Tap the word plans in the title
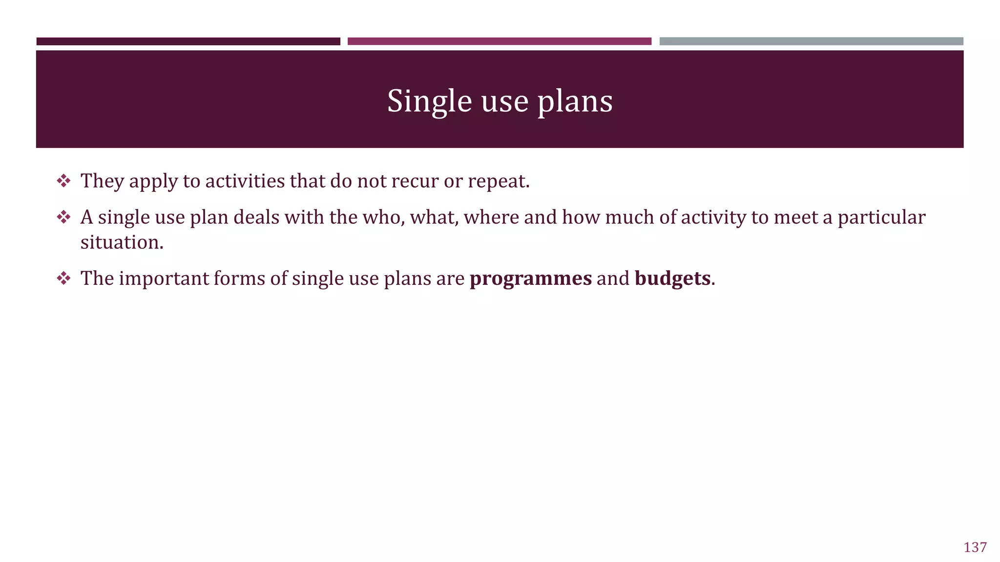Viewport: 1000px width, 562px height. point(575,101)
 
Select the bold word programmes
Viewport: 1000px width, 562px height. point(530,279)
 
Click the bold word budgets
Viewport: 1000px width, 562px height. point(672,279)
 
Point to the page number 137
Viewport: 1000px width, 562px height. point(975,547)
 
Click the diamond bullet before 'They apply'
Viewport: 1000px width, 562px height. point(63,181)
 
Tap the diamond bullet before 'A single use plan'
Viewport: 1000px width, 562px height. point(63,217)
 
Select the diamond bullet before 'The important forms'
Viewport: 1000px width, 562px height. point(63,279)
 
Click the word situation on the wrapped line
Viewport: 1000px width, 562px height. point(121,242)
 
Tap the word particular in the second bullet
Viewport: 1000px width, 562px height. point(881,218)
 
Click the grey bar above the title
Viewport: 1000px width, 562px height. point(811,41)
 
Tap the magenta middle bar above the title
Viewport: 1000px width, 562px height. point(499,41)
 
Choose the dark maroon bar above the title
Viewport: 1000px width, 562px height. point(188,41)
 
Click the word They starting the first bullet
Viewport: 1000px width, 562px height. point(102,181)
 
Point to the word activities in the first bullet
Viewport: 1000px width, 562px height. point(245,181)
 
